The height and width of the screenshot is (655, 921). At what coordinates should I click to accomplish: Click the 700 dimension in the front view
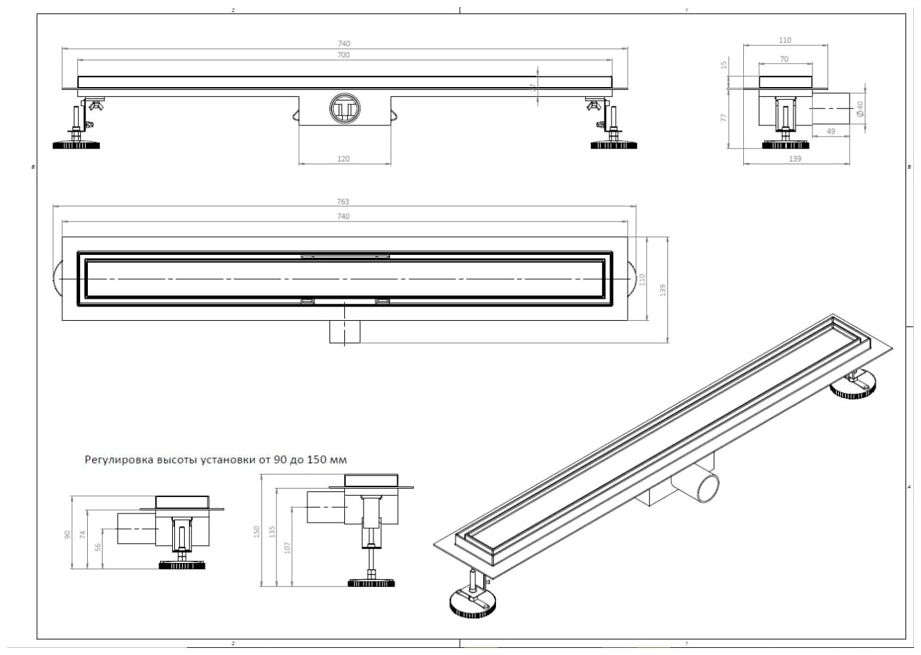[x=344, y=55]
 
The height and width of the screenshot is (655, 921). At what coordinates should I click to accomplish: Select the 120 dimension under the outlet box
[x=344, y=159]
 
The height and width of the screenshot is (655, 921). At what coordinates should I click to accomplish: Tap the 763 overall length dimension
[x=344, y=203]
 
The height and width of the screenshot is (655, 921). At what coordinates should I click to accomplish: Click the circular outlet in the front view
[x=345, y=108]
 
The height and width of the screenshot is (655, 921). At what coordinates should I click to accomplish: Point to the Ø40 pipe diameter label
[x=859, y=108]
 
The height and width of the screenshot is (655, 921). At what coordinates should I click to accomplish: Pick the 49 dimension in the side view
[x=831, y=132]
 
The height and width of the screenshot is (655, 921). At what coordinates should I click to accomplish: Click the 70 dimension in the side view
[x=784, y=60]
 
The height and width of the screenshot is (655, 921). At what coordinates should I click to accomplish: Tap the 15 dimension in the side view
[x=724, y=64]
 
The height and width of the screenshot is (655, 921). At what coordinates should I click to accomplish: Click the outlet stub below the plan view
[x=346, y=331]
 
